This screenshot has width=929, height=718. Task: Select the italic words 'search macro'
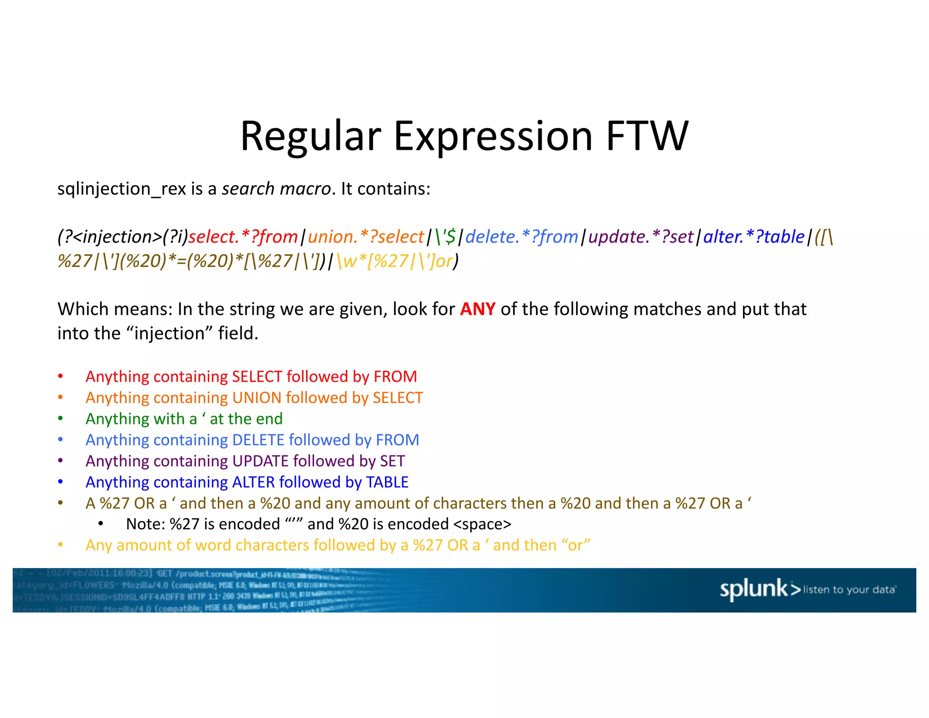[276, 189]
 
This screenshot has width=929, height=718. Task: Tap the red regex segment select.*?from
[243, 237]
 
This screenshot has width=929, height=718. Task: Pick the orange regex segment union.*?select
[366, 237]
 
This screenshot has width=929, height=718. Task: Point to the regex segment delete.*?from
[522, 237]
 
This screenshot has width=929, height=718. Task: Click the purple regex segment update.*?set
[641, 237]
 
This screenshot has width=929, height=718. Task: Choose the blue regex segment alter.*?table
[754, 237]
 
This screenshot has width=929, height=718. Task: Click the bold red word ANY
[478, 309]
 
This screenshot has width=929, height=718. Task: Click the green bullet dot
[60, 418]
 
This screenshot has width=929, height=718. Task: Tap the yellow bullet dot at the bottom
[60, 545]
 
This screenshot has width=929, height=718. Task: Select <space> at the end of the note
[482, 524]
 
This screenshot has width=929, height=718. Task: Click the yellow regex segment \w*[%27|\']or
[395, 261]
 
